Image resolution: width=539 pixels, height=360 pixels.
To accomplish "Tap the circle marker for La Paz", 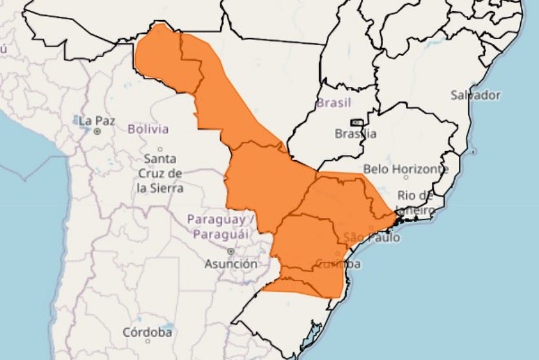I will tap(97, 131).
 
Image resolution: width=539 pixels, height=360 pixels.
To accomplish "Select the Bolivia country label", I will tap(148, 129).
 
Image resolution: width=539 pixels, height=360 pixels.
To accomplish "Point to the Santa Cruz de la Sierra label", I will tap(160, 173).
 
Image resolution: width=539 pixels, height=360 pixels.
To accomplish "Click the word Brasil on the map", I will tap(334, 103).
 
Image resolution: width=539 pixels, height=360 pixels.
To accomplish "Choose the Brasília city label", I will tap(355, 134).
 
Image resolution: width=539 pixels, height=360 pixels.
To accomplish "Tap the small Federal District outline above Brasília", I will tap(356, 122).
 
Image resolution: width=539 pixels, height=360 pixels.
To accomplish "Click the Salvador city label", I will tap(476, 95).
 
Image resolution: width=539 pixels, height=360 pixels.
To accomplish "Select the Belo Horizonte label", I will tap(405, 169).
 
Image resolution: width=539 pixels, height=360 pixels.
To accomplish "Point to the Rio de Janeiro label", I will tap(415, 202).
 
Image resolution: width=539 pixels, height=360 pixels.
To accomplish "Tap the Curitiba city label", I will tap(338, 265).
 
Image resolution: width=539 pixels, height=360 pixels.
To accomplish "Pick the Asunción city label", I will tap(230, 264).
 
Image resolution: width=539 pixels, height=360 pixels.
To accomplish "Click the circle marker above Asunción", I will tap(230, 252).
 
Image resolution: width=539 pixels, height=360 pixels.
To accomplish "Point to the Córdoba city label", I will tap(148, 332).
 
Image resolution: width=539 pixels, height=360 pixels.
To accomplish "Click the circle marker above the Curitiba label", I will tap(337, 254).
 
